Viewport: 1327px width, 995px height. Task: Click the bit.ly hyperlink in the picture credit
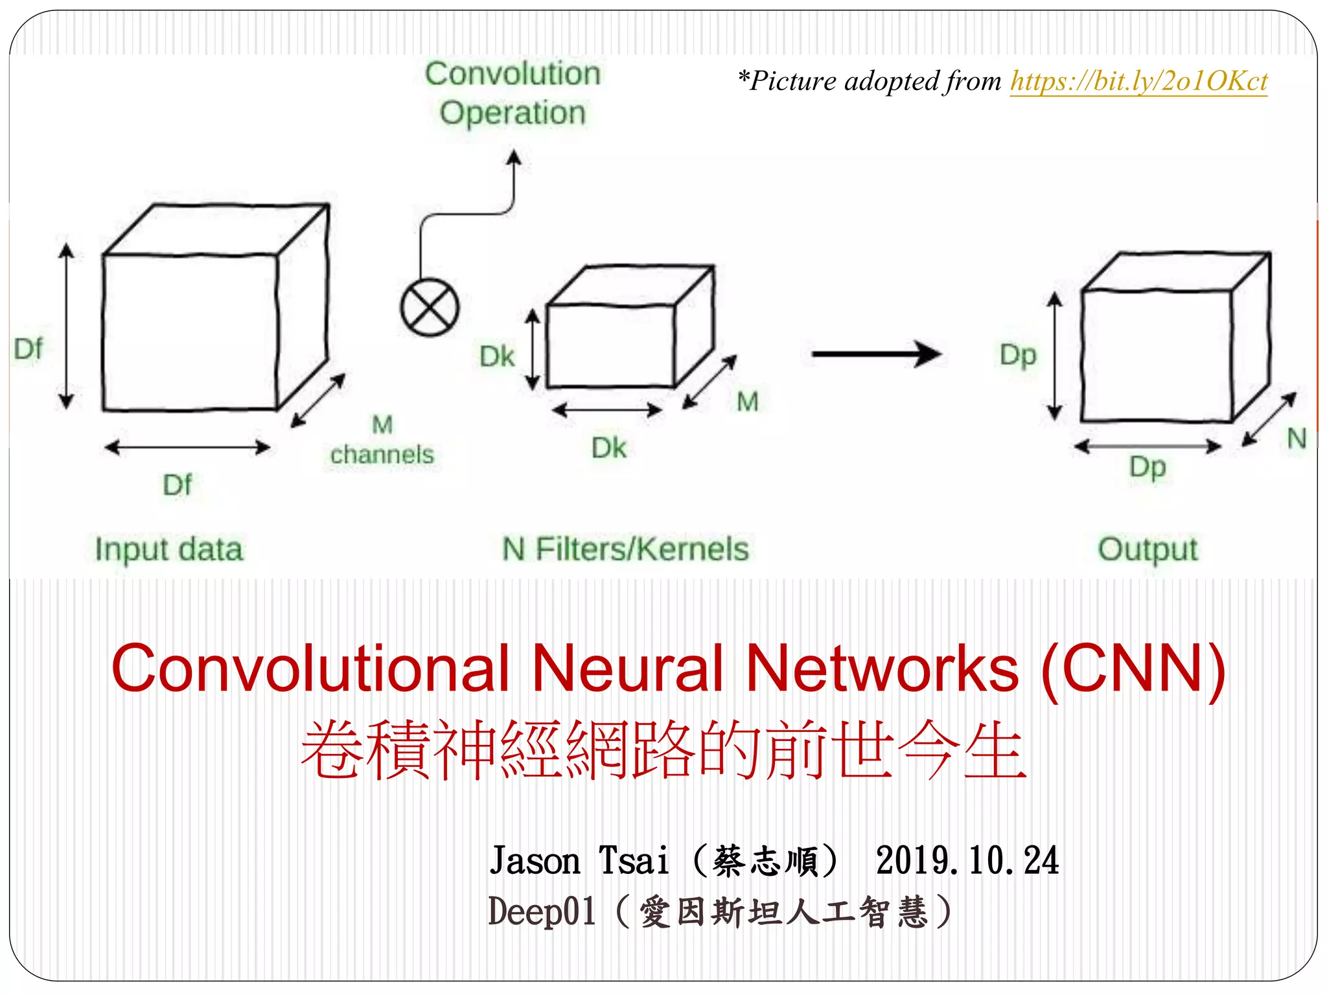click(1138, 82)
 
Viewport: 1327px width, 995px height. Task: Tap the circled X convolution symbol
click(430, 307)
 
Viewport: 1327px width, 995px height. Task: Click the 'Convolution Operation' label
click(513, 93)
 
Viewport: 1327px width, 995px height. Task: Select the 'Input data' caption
click(169, 549)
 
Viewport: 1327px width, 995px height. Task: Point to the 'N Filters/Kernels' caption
click(625, 549)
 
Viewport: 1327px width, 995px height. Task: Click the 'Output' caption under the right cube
click(1148, 549)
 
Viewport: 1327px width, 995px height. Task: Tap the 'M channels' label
click(382, 440)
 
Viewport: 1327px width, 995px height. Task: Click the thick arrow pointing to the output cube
click(876, 354)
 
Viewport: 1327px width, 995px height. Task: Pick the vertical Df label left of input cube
click(29, 349)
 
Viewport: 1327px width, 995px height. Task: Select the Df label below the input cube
click(177, 485)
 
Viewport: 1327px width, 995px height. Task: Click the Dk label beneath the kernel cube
click(608, 448)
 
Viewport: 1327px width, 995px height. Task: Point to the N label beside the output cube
click(1296, 439)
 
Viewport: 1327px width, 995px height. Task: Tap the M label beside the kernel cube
click(747, 402)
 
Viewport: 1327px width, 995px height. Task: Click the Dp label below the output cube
click(1148, 467)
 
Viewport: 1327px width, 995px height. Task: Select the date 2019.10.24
click(967, 861)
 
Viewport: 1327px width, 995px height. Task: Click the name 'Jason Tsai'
click(579, 861)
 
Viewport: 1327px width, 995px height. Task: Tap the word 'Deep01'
click(542, 911)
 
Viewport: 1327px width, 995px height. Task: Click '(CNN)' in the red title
click(1133, 669)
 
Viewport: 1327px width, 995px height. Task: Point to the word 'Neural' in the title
click(627, 669)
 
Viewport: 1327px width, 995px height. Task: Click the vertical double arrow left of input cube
click(66, 327)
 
